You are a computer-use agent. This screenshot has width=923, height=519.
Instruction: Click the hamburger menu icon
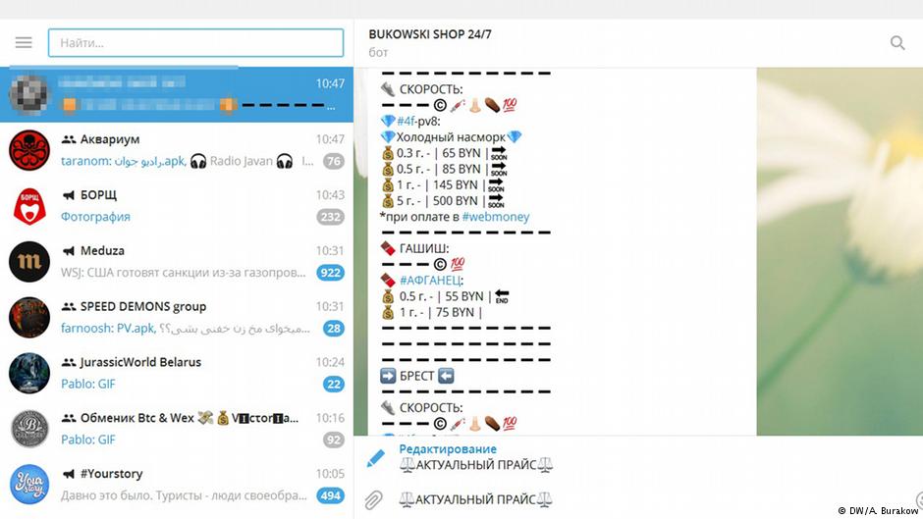click(24, 43)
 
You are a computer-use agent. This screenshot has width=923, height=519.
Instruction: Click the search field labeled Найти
click(196, 43)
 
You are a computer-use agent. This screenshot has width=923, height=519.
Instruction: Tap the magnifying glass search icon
click(897, 43)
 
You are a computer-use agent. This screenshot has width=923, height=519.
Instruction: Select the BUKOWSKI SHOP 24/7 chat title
click(430, 34)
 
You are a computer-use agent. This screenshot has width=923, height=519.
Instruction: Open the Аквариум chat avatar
click(29, 150)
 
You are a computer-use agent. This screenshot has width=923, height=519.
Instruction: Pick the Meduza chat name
click(102, 251)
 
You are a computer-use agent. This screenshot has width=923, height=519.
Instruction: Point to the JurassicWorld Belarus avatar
click(29, 373)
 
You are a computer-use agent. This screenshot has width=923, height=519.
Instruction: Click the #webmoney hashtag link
click(496, 217)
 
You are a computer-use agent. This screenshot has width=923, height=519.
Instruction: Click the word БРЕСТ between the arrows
click(417, 376)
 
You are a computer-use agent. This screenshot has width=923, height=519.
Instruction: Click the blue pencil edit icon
click(375, 458)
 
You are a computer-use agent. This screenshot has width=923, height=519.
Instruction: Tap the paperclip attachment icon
click(374, 500)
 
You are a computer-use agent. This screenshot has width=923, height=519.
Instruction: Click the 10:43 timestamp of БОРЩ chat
click(330, 195)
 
